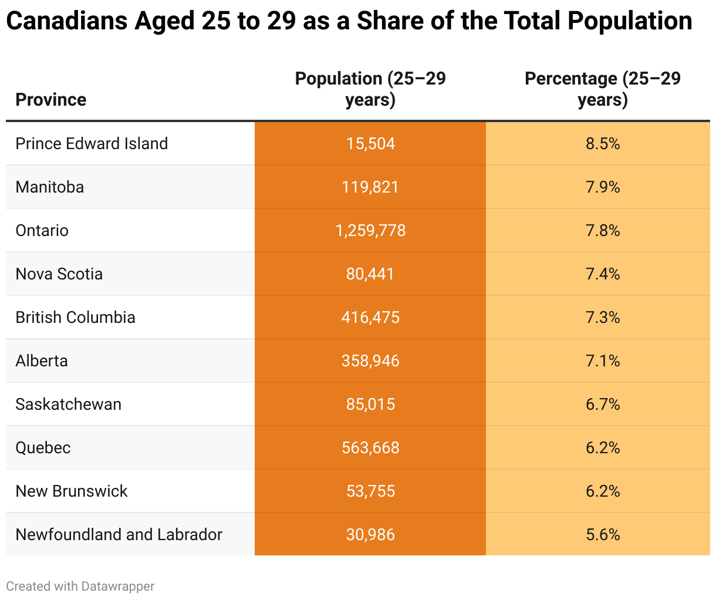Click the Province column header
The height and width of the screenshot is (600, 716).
[x=51, y=100]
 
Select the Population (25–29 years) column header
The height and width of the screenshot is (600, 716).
[x=370, y=89]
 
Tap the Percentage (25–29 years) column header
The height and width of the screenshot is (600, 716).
[x=603, y=89]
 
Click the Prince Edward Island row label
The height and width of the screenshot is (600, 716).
[x=92, y=144]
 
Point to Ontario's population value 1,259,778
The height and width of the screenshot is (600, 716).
[x=370, y=231]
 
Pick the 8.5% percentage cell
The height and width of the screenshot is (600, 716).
[x=603, y=144]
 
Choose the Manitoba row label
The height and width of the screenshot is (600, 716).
[x=50, y=187]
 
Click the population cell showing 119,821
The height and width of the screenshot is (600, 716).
[x=370, y=187]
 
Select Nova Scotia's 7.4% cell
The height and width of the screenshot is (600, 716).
[x=603, y=274]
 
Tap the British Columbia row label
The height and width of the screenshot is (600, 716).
[x=75, y=318]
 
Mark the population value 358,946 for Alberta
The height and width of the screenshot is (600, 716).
[x=370, y=361]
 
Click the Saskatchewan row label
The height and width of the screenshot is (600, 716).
[x=68, y=405]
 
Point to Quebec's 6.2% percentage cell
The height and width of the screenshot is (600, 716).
[x=603, y=448]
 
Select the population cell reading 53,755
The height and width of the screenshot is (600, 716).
[x=370, y=491]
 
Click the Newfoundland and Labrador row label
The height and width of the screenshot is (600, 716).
[x=119, y=535]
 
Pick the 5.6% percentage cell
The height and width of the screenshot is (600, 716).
[x=603, y=535]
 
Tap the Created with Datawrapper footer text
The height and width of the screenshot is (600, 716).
[x=80, y=586]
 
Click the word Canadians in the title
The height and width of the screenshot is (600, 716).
[x=66, y=21]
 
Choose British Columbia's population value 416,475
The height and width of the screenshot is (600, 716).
[x=370, y=318]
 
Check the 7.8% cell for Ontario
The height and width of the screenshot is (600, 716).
[x=603, y=231]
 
